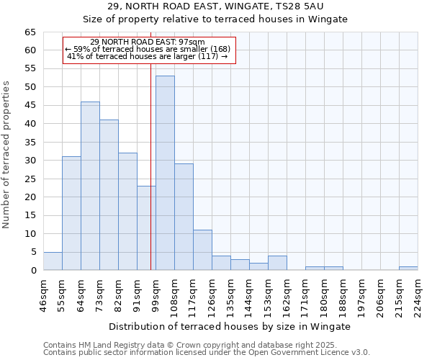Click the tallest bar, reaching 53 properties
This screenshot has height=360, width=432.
tap(165, 173)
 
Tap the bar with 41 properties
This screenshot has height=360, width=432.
tap(109, 194)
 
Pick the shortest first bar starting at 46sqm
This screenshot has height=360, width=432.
tap(53, 261)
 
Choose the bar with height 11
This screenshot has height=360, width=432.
tap(202, 250)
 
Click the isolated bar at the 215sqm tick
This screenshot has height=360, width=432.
tap(408, 269)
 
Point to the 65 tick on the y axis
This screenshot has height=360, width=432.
tap(30, 32)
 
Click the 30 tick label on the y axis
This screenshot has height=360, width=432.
tap(30, 161)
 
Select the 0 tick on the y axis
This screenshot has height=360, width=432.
tap(33, 271)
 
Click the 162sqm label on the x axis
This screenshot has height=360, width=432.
tap(287, 296)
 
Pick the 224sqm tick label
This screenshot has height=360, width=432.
tap(418, 296)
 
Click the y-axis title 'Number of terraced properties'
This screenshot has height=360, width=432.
tap(7, 155)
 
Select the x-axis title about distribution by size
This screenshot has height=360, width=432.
tap(229, 326)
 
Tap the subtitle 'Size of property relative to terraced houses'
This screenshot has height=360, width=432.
tap(215, 19)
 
